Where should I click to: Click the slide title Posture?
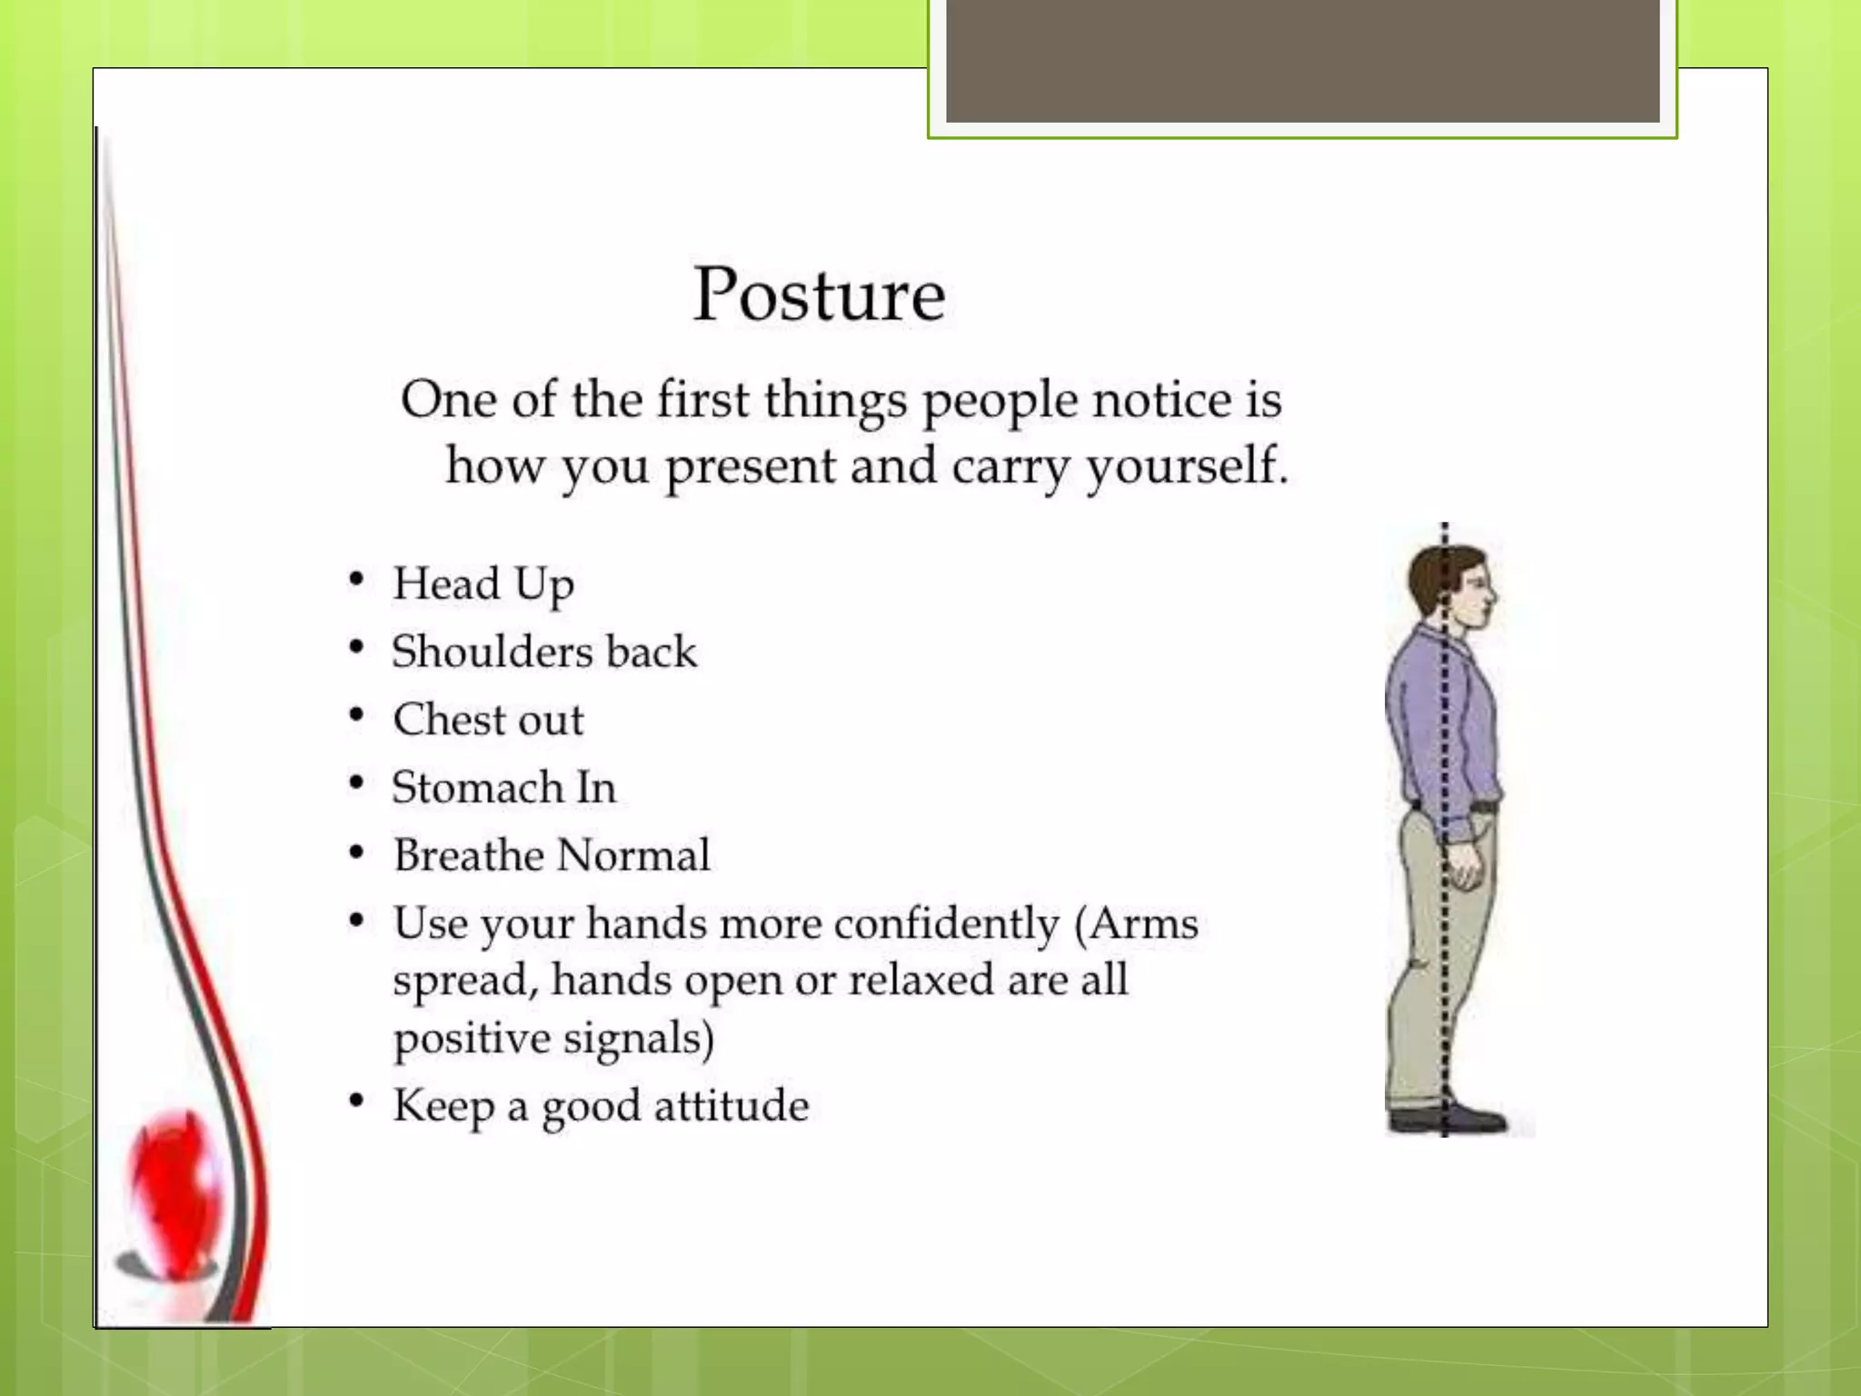coord(819,295)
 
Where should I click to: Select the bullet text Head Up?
coord(483,584)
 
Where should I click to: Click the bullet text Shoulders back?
coord(543,652)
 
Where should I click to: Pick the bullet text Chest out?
coord(488,720)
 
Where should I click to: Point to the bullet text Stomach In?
coord(503,787)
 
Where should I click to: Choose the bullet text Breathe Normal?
coord(552,855)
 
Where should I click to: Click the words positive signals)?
coord(553,1038)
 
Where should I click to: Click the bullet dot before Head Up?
coord(356,580)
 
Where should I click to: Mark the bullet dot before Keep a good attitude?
coord(356,1102)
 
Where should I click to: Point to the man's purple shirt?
coord(1440,718)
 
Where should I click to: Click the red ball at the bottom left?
coord(175,1191)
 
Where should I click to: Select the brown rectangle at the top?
coord(1302,60)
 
